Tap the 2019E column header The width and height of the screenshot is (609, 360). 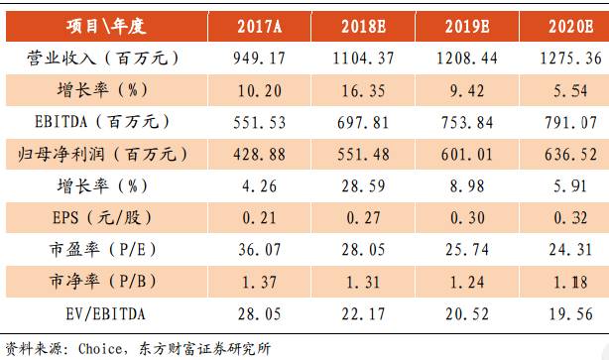click(470, 25)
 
